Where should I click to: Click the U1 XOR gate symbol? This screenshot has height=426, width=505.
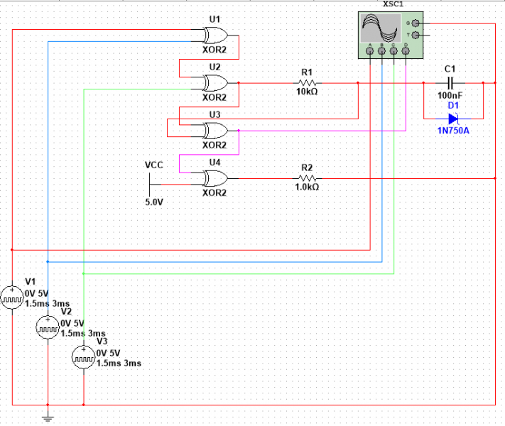214,35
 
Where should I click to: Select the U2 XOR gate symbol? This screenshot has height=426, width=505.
214,82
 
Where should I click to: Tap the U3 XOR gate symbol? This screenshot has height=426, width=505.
214,131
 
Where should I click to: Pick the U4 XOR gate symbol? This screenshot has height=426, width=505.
214,177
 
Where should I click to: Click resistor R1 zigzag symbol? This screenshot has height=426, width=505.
307,82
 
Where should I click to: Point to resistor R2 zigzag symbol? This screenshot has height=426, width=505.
307,177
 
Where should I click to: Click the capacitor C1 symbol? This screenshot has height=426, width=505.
448,82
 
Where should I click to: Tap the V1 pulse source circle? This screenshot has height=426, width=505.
12,297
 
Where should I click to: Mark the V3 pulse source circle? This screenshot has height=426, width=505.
84,358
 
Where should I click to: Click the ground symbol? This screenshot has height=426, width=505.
48,417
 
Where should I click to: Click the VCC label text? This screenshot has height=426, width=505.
154,165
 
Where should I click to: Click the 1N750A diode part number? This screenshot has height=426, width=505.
452,131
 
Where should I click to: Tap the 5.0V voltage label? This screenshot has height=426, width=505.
154,202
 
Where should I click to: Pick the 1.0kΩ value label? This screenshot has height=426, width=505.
307,187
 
